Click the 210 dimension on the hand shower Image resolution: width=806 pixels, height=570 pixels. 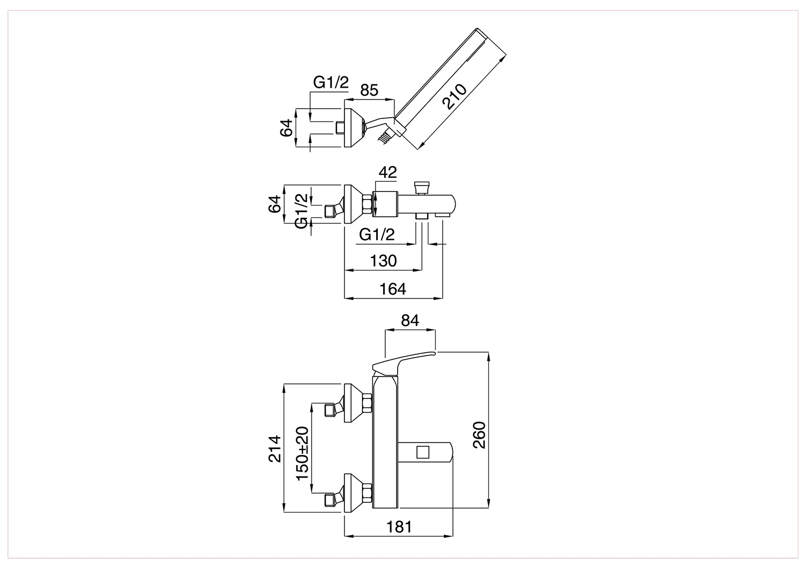[456, 96]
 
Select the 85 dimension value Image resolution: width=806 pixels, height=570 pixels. [369, 90]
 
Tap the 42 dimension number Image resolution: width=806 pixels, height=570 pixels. [387, 173]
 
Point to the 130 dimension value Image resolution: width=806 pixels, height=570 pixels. [383, 261]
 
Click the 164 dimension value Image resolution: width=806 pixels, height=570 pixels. [393, 289]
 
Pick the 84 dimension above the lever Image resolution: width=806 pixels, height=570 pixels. [410, 320]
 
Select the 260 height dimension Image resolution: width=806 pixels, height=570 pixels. [480, 434]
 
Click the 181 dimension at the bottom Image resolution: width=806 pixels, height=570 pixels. [399, 527]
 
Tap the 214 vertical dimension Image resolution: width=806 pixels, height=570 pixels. [275, 448]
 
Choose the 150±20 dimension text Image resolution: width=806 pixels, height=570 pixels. [303, 453]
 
